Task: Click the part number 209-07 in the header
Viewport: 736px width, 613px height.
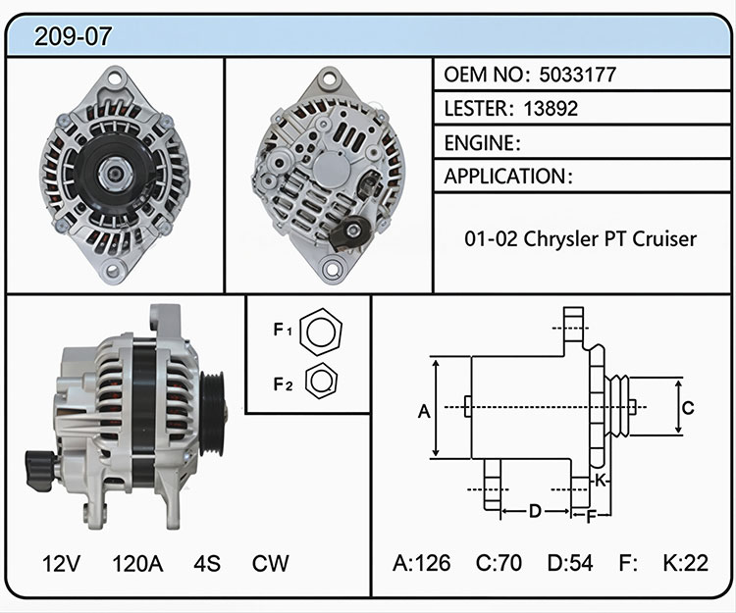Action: coord(74,36)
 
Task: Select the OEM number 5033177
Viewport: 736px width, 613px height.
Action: coord(577,75)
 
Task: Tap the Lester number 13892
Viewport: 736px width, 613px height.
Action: coord(551,109)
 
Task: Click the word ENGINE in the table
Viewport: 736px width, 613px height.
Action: coord(479,143)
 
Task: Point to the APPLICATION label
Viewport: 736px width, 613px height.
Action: coord(505,177)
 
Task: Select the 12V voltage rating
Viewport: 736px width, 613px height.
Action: coord(61,563)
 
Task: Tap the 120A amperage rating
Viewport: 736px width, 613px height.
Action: coord(138,563)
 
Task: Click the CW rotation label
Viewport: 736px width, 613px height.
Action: coord(271,563)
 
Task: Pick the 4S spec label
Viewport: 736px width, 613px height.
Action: coord(207,563)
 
